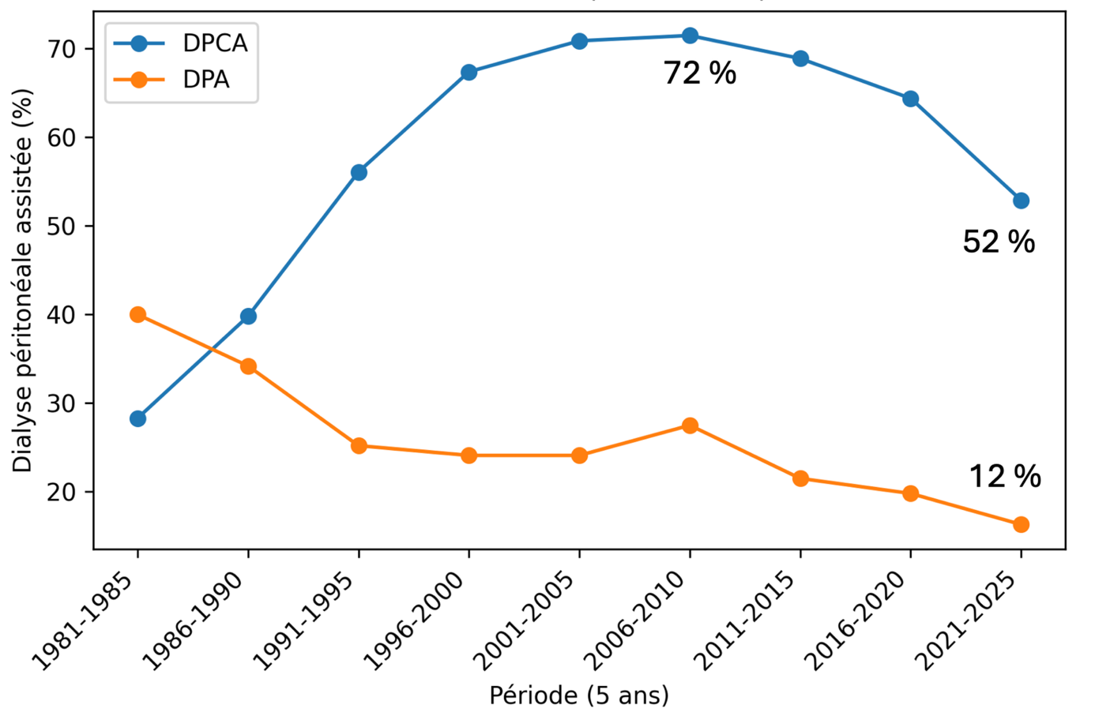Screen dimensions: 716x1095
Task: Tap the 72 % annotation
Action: click(x=700, y=73)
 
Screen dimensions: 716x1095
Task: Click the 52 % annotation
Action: click(x=999, y=242)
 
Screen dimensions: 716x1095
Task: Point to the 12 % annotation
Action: click(x=1005, y=476)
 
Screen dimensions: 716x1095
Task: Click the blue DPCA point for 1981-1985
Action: click(x=138, y=418)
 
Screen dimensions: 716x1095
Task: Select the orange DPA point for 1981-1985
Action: click(x=138, y=315)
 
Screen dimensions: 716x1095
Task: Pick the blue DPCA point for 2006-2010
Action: click(x=690, y=36)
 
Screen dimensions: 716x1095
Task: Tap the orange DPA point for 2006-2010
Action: click(x=690, y=425)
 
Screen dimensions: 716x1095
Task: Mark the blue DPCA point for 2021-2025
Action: click(x=1021, y=201)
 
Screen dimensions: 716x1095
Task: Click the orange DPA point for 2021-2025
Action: click(x=1021, y=524)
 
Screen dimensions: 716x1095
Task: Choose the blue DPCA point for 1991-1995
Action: click(x=359, y=172)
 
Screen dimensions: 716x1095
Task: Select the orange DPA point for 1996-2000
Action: click(x=468, y=455)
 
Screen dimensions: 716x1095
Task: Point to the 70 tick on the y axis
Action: click(x=62, y=49)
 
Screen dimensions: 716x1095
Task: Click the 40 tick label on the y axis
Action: click(x=62, y=315)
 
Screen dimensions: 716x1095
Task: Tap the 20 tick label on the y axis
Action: click(x=62, y=492)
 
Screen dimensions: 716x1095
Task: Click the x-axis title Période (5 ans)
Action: click(x=579, y=695)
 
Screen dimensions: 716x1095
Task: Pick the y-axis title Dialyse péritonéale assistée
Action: click(x=23, y=280)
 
